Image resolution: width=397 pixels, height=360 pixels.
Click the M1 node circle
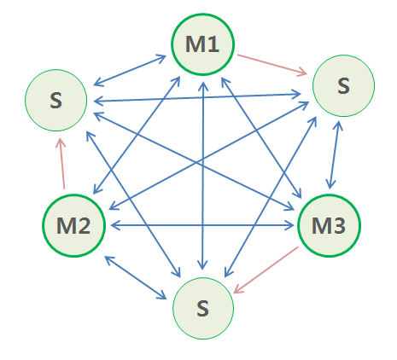[202, 44]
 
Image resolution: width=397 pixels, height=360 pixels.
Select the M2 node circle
[73, 225]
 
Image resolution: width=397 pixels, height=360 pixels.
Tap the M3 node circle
[329, 225]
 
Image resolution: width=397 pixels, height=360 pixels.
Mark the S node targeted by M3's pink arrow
[203, 307]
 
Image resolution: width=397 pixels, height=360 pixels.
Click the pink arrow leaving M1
[271, 66]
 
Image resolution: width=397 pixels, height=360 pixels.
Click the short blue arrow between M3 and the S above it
[336, 157]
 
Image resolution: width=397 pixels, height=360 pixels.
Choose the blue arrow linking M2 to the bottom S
[137, 276]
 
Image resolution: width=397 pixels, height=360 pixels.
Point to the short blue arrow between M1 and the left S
[128, 71]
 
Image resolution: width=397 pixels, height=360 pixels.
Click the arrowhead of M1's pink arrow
[303, 74]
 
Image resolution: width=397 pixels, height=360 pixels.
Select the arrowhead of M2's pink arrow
[59, 142]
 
